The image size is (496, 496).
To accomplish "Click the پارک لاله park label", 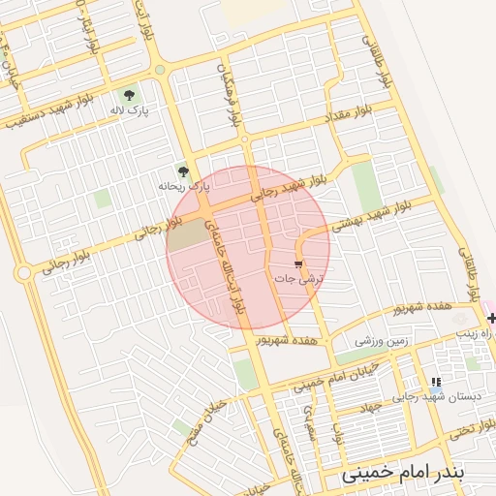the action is point(130,109).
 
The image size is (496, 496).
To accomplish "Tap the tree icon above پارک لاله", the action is point(129,94).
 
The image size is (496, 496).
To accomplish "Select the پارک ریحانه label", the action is point(184,185).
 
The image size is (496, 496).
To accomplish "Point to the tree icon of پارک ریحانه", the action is point(183,170).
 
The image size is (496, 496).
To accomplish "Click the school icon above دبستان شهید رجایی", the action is point(436,384).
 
